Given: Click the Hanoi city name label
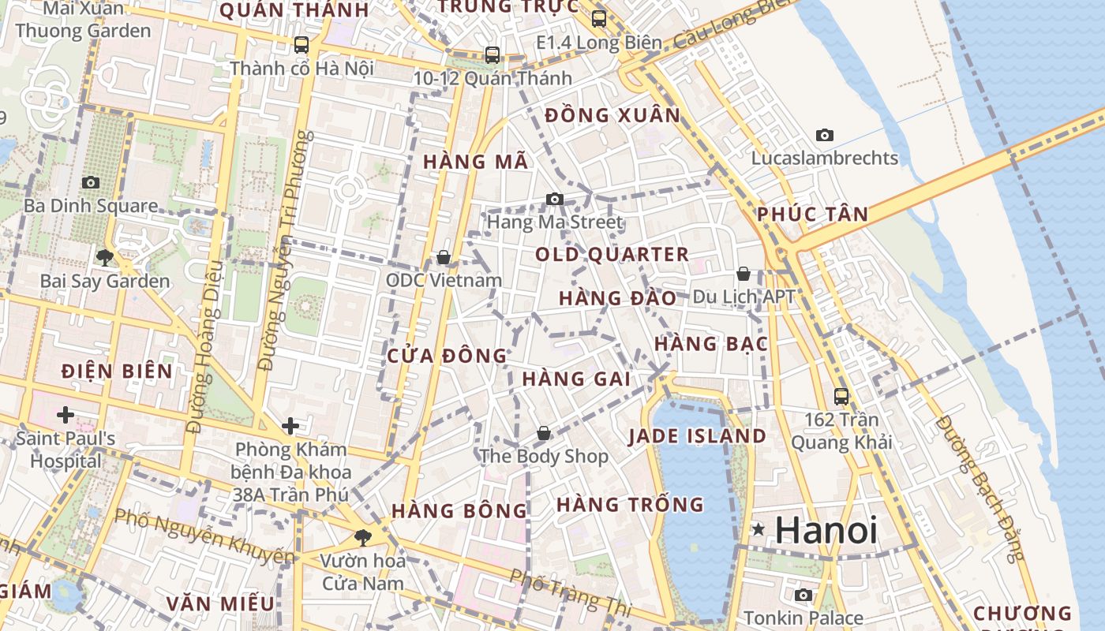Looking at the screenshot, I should (826, 530).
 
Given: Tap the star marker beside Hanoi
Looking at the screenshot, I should (759, 529).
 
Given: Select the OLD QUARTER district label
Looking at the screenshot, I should (612, 255).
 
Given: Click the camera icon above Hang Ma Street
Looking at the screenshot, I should (555, 199).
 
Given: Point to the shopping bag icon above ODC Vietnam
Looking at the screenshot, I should (444, 257).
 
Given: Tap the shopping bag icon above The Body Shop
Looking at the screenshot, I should (544, 433).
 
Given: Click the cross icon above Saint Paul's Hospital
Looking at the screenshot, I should (66, 414).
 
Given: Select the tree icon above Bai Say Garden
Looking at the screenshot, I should (104, 257).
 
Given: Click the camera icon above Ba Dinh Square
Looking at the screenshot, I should (91, 182).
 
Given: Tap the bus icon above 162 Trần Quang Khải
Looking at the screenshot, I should (841, 396).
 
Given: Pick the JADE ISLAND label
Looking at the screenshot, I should (697, 436).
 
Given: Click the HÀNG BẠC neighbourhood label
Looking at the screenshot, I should (711, 344).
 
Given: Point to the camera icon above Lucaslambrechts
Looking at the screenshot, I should (825, 135).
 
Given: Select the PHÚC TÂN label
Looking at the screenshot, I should (812, 214).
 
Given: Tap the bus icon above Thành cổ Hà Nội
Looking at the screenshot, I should (302, 44).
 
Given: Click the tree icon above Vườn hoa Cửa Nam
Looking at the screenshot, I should (363, 537).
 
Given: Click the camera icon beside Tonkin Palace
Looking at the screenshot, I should (803, 595).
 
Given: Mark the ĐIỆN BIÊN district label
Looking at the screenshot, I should (117, 371).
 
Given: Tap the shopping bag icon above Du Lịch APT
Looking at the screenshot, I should (743, 274).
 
